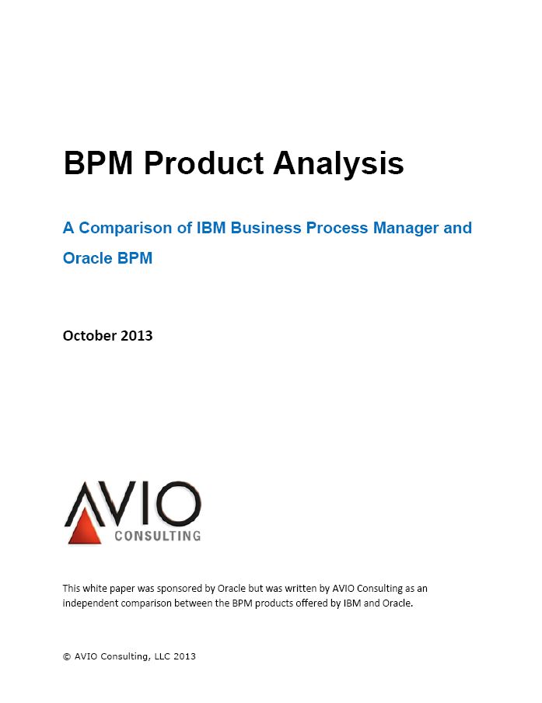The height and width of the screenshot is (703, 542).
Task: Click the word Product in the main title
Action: point(204,163)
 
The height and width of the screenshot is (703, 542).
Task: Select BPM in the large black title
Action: point(99,163)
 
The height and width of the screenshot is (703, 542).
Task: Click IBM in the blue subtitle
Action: point(212,228)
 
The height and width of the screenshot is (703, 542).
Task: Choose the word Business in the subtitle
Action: point(266,228)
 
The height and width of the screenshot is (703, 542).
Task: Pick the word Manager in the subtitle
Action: point(406,229)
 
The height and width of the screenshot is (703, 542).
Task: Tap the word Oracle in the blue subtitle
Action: point(87,258)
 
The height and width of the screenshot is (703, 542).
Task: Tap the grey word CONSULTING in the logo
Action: point(158,536)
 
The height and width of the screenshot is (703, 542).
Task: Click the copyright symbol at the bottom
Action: point(67,657)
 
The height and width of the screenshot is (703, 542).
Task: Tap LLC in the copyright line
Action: point(163,656)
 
